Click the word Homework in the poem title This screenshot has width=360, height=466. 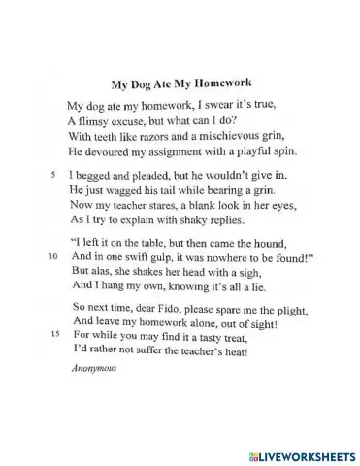point(217,84)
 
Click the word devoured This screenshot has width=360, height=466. point(106,151)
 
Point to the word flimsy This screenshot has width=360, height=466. point(98,121)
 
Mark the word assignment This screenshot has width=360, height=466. point(182,151)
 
